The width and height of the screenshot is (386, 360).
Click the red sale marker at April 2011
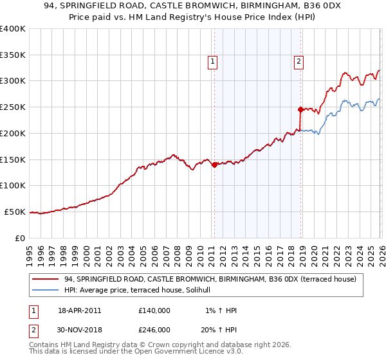(x=214, y=165)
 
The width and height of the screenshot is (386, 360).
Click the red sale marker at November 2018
(x=300, y=109)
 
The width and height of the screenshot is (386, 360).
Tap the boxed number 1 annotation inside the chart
(x=212, y=62)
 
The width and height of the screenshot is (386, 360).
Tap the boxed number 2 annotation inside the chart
(x=299, y=62)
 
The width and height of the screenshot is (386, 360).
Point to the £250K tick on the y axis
(x=13, y=107)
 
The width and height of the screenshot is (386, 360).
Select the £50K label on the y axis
(x=15, y=212)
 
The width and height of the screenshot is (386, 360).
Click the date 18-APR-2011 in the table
(x=80, y=310)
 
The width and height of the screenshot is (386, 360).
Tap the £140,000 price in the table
(x=154, y=310)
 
